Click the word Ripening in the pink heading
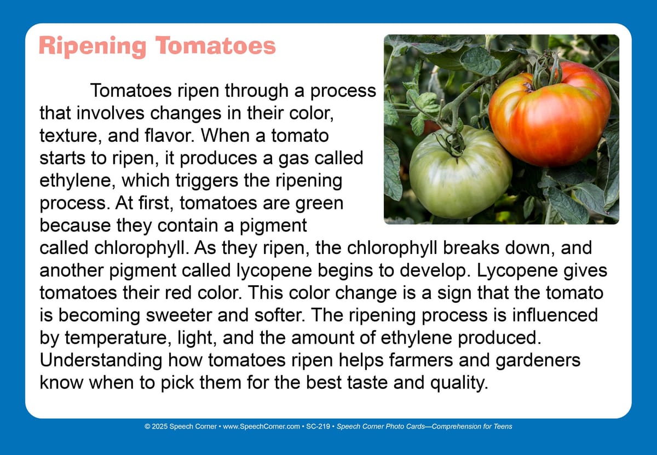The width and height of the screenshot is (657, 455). tap(93, 47)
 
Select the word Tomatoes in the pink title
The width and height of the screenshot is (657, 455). tap(216, 45)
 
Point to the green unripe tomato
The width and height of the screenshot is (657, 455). tap(460, 174)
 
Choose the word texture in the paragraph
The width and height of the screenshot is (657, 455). tap(71, 136)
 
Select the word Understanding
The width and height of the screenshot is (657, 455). tap(101, 360)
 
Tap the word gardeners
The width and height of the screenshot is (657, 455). tap(538, 360)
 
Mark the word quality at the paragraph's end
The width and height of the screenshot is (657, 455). tap(459, 383)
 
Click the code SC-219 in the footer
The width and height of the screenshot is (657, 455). tap(318, 426)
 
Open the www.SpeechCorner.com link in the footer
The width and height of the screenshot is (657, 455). tap(261, 427)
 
